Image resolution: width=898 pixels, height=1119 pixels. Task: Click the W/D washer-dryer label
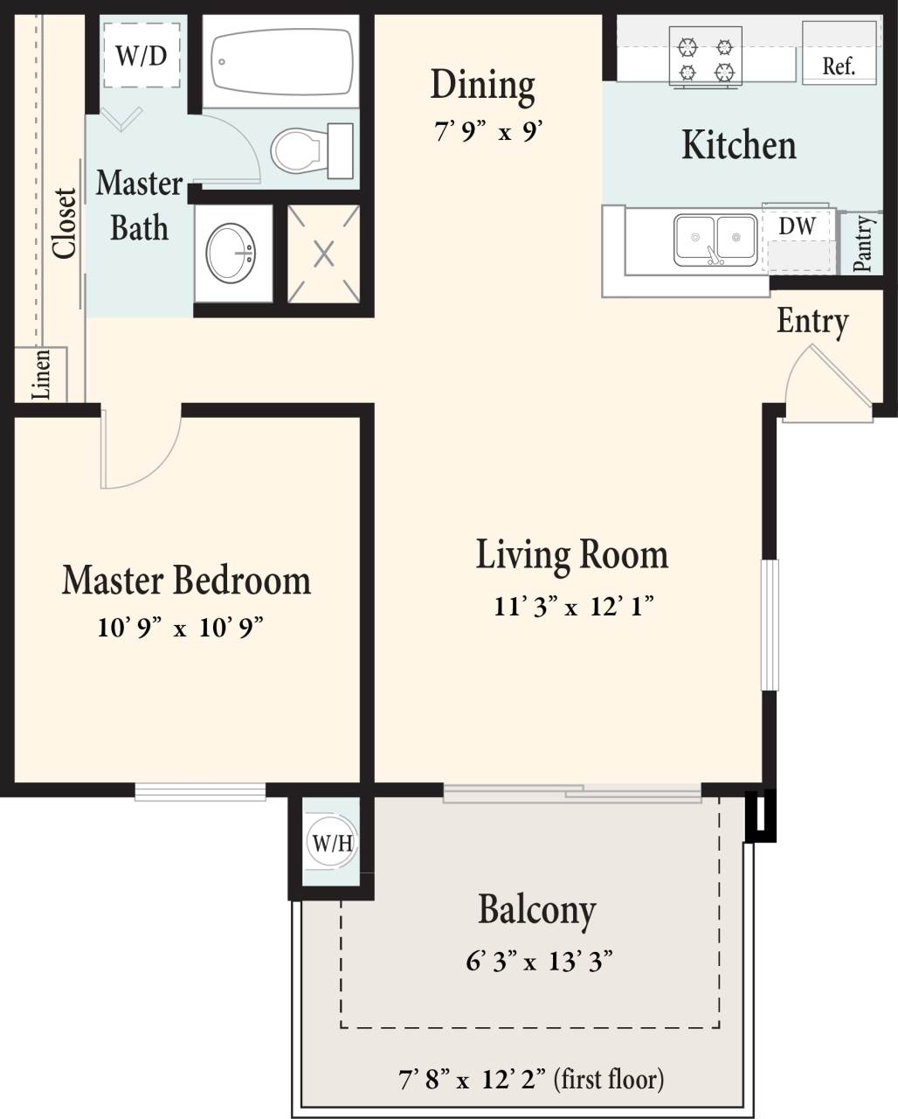[x=142, y=57]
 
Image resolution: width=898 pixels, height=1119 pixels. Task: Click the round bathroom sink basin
[x=231, y=253]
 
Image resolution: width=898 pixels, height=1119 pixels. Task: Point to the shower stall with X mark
[x=324, y=254]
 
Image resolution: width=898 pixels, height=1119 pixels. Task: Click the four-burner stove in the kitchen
[x=706, y=58]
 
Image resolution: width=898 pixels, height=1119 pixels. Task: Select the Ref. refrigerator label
[x=839, y=66]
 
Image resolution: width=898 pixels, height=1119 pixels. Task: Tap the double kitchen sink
[x=715, y=239]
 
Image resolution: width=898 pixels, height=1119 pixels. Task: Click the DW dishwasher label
[x=797, y=226]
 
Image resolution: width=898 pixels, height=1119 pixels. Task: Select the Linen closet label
[x=41, y=375]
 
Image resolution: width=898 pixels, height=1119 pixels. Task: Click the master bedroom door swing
[x=138, y=449]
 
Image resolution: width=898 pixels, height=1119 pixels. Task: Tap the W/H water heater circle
[x=332, y=844]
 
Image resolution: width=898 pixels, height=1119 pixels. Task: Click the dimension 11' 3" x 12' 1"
[x=574, y=606]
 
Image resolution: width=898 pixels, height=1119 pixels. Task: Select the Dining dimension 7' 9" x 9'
[x=489, y=133]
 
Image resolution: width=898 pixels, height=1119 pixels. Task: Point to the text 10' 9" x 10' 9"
[x=181, y=628]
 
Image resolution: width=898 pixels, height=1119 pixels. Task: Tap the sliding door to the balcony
[x=572, y=794]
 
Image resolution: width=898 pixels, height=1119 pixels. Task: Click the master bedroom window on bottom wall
[x=200, y=791]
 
